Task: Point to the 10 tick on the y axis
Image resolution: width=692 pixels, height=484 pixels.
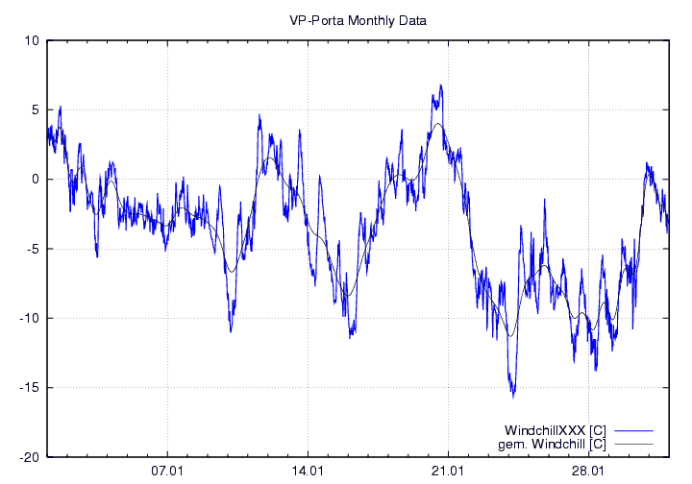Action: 32,40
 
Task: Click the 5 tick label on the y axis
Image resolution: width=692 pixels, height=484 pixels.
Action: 35,109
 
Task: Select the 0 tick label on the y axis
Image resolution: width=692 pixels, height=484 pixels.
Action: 35,180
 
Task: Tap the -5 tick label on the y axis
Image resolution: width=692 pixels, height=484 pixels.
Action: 32,249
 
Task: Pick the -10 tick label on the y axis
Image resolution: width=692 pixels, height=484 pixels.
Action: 29,318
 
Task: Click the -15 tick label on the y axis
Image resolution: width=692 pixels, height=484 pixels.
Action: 29,388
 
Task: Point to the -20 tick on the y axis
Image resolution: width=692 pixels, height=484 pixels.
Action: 29,457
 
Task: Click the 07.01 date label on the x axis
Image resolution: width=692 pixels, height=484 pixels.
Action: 167,472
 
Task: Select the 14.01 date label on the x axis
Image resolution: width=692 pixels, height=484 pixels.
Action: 308,472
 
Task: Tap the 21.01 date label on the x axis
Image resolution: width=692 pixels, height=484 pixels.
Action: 448,472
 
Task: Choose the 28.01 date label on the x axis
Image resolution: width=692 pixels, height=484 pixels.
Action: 588,472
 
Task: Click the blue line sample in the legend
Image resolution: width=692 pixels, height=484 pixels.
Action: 633,428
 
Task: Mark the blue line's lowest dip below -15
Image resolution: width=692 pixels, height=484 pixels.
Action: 513,397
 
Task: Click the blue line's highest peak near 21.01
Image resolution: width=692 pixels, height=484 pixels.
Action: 440,85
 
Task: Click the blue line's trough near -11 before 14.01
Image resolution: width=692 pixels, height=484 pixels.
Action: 231,331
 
